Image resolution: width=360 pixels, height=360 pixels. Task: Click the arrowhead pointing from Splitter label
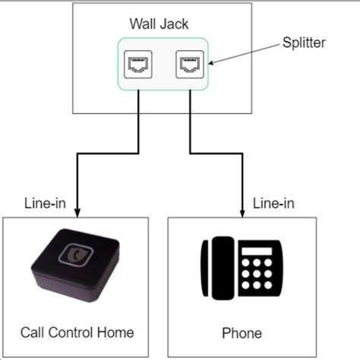[213, 65]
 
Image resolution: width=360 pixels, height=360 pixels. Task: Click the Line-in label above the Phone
[274, 204]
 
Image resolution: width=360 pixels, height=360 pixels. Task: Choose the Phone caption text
[242, 333]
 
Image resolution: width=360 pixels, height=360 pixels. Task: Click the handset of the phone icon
[221, 270]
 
